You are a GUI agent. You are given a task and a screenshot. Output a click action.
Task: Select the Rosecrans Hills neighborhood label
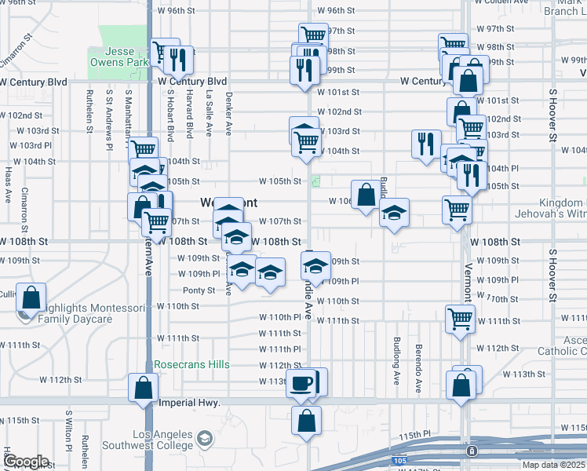[x=191, y=364]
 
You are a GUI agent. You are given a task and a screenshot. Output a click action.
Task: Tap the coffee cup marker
[x=301, y=382]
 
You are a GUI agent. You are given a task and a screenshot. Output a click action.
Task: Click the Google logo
[x=25, y=462]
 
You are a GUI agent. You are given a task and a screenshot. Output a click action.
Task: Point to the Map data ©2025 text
[x=553, y=465]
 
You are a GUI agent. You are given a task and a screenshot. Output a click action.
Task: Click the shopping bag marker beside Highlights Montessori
[x=31, y=298]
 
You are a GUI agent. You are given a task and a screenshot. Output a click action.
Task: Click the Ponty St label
[x=199, y=290]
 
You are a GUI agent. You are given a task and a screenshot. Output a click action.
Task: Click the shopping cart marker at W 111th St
[x=460, y=319]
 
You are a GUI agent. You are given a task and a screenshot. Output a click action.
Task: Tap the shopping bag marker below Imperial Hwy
[x=306, y=420]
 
